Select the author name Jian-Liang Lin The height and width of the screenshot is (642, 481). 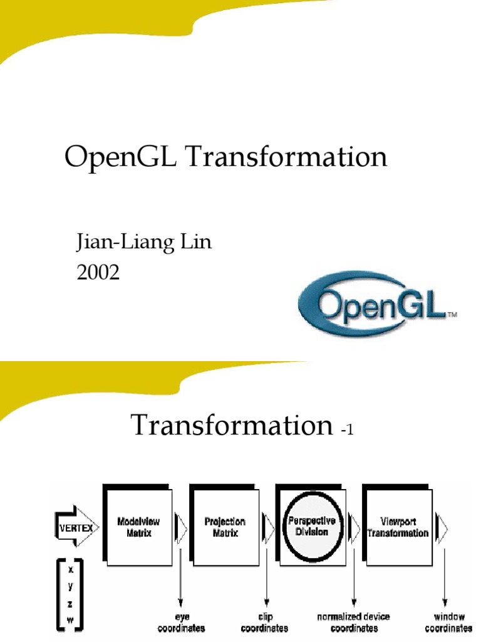pyautogui.click(x=143, y=243)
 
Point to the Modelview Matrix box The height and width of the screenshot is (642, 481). pyautogui.click(x=138, y=527)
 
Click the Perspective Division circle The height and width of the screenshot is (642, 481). pyautogui.click(x=311, y=527)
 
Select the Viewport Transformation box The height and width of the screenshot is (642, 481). pyautogui.click(x=398, y=527)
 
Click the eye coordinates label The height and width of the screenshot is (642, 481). pyautogui.click(x=182, y=623)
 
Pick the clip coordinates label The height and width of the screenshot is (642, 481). pyautogui.click(x=265, y=623)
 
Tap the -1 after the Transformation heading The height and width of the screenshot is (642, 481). pyautogui.click(x=348, y=430)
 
